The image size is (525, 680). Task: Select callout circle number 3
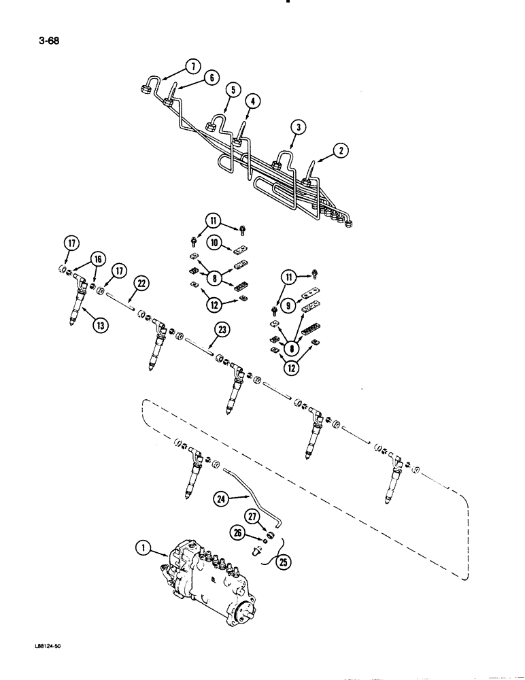(x=297, y=126)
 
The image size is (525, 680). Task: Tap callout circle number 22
(x=143, y=283)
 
